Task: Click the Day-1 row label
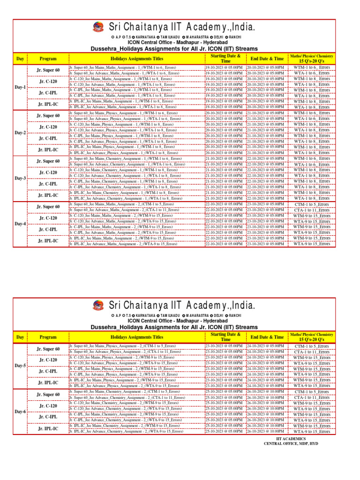coord(20,88)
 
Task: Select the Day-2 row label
coord(20,133)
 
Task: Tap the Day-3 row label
coord(20,179)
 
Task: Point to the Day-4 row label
coord(20,224)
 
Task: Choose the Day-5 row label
coord(20,366)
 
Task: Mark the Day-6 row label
coord(20,412)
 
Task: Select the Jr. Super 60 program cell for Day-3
coord(48,161)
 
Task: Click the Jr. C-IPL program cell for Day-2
coord(48,139)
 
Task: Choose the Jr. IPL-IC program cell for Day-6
coord(48,429)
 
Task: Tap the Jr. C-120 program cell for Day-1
coord(48,82)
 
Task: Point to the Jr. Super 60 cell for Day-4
coord(48,207)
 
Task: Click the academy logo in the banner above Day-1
coord(99,28)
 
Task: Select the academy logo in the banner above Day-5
coord(99,306)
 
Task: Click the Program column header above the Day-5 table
coord(48,337)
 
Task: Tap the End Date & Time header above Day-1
coord(267,59)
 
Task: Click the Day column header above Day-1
coord(20,59)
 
